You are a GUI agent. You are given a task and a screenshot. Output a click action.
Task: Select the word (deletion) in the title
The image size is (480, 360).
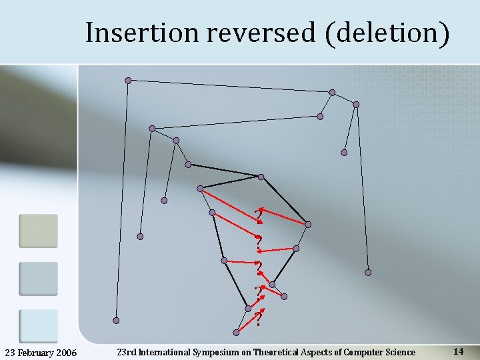(388, 32)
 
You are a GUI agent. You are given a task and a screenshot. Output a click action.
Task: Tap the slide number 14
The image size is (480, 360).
(458, 351)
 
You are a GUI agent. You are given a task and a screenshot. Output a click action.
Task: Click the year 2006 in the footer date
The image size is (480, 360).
(65, 352)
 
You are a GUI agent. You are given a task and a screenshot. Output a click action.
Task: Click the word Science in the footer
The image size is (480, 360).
(399, 352)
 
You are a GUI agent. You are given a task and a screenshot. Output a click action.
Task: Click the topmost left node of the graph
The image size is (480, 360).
(129, 81)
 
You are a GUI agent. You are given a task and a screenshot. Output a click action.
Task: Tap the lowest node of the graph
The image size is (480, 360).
(237, 332)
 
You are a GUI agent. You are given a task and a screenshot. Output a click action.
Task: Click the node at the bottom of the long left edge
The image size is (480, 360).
(116, 320)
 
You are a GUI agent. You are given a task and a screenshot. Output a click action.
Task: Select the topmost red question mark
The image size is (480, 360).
(257, 215)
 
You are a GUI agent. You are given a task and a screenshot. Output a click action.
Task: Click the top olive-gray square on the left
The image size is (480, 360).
(38, 231)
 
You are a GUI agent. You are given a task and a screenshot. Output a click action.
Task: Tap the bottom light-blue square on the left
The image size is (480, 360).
(38, 325)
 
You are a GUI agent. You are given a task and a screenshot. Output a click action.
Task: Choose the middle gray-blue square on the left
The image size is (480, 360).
(38, 278)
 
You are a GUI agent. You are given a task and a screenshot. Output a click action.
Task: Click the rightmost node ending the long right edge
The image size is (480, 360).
(368, 272)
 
